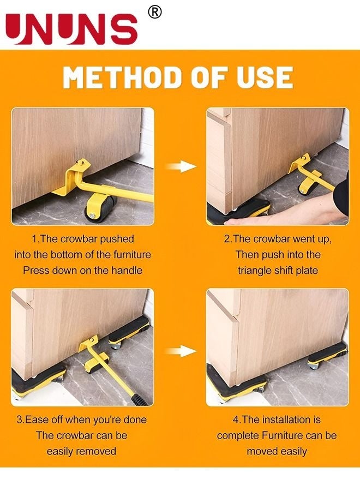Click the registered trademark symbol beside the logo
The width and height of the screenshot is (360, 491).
pos(155,13)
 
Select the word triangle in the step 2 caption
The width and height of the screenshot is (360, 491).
pos(257,270)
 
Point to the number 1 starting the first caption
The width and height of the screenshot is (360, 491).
pos(34,239)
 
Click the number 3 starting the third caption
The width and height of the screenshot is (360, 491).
pos(20,420)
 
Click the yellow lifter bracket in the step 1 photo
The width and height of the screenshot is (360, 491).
pos(74,177)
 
